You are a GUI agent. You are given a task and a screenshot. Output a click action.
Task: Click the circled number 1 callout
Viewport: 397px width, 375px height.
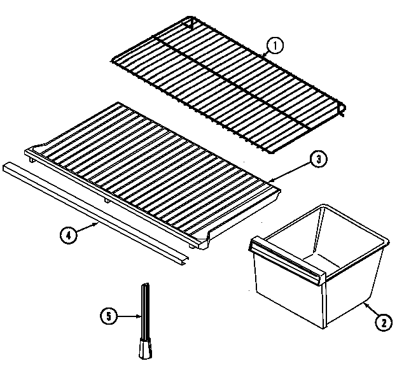click(273, 46)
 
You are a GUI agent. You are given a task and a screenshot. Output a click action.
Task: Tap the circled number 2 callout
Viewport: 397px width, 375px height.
click(382, 323)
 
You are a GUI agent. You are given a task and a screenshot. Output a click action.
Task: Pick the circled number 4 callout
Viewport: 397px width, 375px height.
click(69, 235)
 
